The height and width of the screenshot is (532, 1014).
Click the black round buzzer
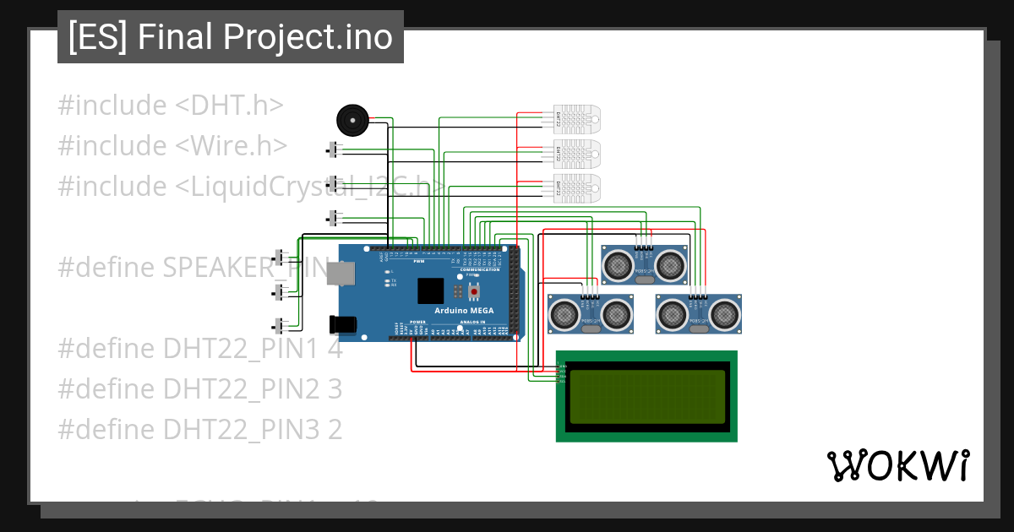pos(352,120)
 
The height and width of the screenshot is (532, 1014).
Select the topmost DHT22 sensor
pos(577,120)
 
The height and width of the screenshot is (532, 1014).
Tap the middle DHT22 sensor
pos(577,154)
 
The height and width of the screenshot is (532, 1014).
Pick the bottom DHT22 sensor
pos(577,188)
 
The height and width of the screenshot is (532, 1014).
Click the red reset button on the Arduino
pos(473,292)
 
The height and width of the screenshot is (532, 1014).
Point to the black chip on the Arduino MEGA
pos(430,290)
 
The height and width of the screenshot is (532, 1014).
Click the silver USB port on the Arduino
pos(341,273)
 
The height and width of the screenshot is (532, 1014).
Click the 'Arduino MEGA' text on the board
pos(464,311)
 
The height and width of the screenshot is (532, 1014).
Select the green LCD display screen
pos(646,396)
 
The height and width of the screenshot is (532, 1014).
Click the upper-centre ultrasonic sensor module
pos(644,265)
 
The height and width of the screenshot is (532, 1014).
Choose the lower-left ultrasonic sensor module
pos(591,313)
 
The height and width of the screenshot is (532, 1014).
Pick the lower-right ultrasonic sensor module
pos(699,313)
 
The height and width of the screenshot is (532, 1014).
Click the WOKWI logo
pos(897,465)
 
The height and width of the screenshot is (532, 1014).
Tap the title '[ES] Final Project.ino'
pos(230,37)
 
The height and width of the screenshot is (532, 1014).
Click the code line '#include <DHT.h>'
pos(170,106)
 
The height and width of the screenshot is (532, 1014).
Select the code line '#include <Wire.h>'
pos(172,146)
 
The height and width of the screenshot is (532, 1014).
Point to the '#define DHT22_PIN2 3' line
pos(199,389)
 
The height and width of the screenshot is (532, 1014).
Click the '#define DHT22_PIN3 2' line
pos(199,430)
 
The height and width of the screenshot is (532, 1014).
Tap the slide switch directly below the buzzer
pos(334,150)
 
